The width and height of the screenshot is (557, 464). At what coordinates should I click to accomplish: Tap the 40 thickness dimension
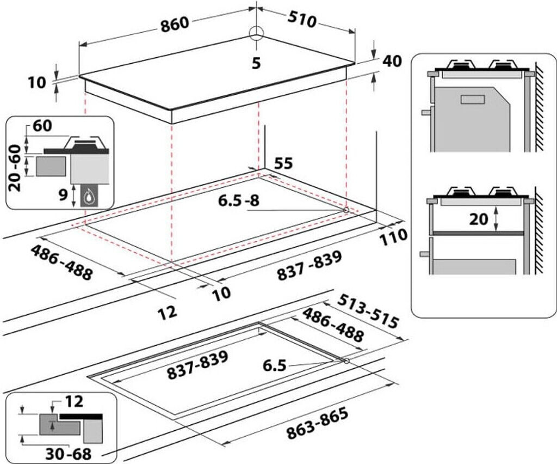392,61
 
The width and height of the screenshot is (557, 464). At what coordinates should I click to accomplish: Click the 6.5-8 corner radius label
239,200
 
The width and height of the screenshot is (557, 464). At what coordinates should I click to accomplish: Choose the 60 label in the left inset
42,126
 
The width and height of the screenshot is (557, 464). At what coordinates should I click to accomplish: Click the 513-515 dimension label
368,311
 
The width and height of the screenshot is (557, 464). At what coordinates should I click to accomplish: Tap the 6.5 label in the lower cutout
274,365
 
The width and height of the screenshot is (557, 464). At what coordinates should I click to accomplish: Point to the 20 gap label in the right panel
479,219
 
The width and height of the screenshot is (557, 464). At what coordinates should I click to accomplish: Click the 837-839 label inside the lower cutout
197,364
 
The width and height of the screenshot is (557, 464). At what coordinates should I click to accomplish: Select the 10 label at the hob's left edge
38,83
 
